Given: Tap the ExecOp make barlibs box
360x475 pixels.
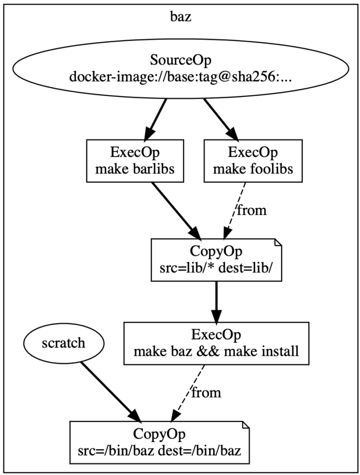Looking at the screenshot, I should (x=135, y=161).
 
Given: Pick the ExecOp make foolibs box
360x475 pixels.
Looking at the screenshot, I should (x=253, y=161).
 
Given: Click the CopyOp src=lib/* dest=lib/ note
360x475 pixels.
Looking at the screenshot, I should (x=217, y=260).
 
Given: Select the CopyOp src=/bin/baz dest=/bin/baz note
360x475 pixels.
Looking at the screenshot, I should (x=160, y=442).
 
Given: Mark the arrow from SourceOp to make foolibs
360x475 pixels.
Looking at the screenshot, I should (x=221, y=119).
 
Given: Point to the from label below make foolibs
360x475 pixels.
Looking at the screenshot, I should (x=252, y=210).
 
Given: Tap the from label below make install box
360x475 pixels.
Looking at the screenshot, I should (x=206, y=392).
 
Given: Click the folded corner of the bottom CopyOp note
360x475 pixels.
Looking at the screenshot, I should (x=245, y=425).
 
